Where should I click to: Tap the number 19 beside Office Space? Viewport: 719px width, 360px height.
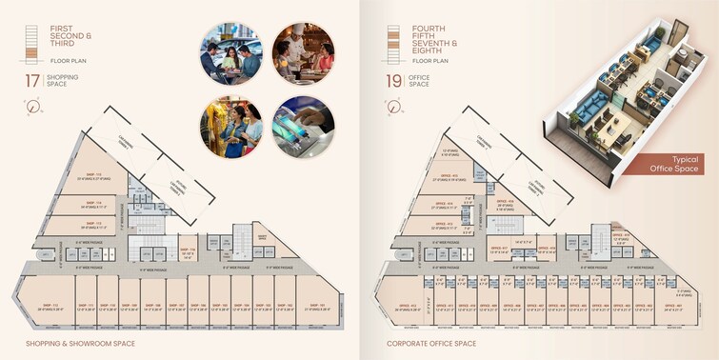coord(392,80)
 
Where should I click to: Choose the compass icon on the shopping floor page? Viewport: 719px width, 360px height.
coord(35,107)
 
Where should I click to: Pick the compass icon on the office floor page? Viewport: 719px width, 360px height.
coord(392,107)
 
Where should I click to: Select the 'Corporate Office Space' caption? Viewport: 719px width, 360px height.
coord(430,343)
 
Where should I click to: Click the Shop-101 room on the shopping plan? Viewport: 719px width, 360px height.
coord(316,307)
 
